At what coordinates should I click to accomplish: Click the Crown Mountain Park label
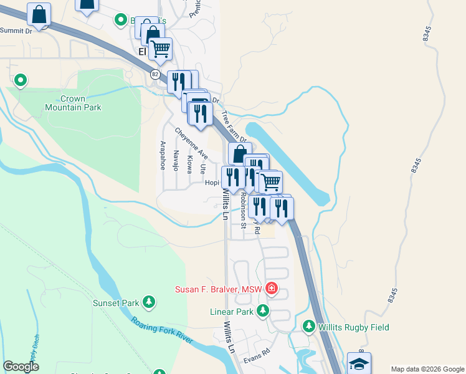click(x=73, y=103)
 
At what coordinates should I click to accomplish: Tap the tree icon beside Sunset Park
click(x=149, y=303)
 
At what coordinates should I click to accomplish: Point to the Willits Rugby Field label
click(x=354, y=327)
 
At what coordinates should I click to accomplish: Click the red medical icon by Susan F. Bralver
click(x=271, y=288)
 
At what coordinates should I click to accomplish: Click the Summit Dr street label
click(x=16, y=30)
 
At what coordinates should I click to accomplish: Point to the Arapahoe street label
click(x=163, y=155)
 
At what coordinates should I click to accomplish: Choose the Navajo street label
click(x=176, y=161)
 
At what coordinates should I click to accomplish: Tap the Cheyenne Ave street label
click(x=191, y=143)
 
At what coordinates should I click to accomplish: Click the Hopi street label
click(x=212, y=183)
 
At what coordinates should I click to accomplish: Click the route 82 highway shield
click(x=155, y=74)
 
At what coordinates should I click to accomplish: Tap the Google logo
click(x=21, y=367)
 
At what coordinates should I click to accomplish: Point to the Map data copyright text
click(x=427, y=369)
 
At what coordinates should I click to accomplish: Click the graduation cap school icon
click(x=359, y=363)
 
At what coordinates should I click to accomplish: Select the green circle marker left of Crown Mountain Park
click(x=20, y=80)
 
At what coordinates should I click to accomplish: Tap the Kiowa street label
click(x=189, y=164)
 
